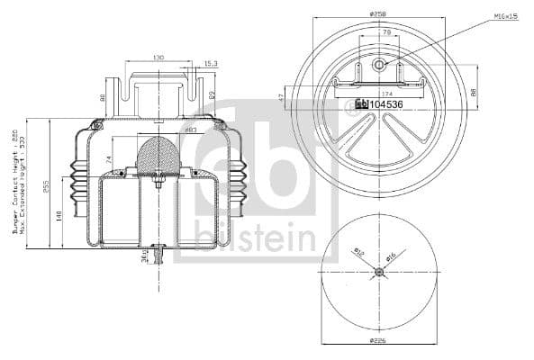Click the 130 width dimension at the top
coord(158,58)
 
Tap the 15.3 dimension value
coord(210,63)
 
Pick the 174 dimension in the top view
coord(387,94)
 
